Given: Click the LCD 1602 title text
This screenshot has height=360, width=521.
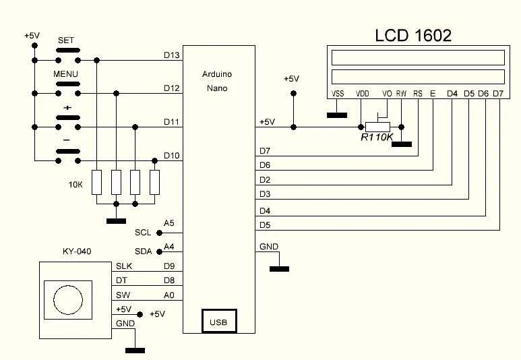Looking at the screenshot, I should (x=413, y=34).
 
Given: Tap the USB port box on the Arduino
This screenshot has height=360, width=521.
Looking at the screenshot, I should (x=218, y=322).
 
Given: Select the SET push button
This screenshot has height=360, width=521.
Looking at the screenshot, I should (x=67, y=51).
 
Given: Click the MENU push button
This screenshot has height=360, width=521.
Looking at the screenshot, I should (x=67, y=84).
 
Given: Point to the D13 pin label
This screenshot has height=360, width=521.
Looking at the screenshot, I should (x=171, y=55).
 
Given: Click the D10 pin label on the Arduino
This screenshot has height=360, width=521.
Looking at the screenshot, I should (x=171, y=156).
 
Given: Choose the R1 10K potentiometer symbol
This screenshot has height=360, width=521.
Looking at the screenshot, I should (x=377, y=127).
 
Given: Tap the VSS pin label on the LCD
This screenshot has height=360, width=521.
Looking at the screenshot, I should (x=338, y=94).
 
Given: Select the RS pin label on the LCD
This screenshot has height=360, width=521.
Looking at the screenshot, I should (x=418, y=94).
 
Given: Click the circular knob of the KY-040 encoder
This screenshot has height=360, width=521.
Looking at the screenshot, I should (x=67, y=297).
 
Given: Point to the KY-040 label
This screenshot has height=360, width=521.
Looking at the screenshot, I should (x=76, y=251).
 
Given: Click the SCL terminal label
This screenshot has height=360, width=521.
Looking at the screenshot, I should (x=144, y=233).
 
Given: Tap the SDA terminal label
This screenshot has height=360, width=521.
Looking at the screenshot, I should (x=144, y=251).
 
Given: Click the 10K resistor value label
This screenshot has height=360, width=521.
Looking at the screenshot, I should (x=76, y=183).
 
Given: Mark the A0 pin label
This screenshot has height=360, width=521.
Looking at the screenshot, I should (x=169, y=295).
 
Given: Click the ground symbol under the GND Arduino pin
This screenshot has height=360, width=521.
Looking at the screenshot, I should (x=279, y=269).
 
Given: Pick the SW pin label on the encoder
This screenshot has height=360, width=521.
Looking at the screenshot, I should (x=123, y=295).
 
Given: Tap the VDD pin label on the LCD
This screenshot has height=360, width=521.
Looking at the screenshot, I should (x=362, y=94).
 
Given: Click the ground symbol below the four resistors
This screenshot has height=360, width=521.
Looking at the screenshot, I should (x=116, y=220).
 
